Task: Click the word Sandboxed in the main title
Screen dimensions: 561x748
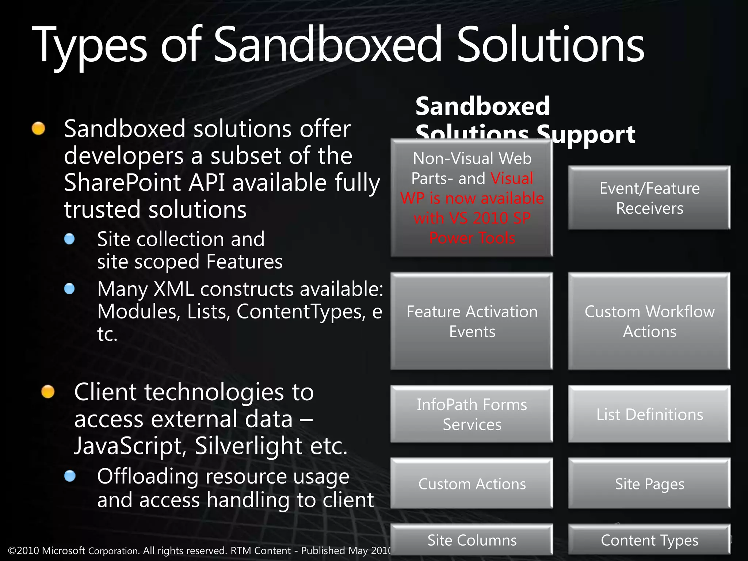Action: tap(327, 46)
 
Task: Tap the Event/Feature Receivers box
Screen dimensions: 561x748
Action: tap(649, 198)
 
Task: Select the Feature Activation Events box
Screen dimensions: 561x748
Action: tap(472, 321)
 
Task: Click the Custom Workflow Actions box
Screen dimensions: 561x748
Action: tap(649, 321)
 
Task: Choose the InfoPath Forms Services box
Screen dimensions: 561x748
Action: tap(472, 414)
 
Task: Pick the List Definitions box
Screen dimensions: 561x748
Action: tap(649, 414)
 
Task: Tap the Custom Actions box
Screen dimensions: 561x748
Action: tap(472, 484)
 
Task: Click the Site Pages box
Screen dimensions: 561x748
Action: tap(649, 484)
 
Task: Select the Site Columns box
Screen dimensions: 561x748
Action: tap(472, 540)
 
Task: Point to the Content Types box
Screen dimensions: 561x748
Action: tap(649, 540)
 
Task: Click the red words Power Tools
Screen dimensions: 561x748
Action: tap(472, 238)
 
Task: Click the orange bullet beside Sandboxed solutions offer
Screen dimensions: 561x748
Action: tap(38, 129)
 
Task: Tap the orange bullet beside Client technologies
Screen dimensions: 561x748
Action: tap(48, 392)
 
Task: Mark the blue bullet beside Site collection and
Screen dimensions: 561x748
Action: tap(69, 239)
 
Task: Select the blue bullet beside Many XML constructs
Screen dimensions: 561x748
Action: tap(69, 289)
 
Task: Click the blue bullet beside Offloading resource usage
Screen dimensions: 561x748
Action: tap(69, 476)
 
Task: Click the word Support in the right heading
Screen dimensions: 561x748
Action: tap(586, 134)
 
